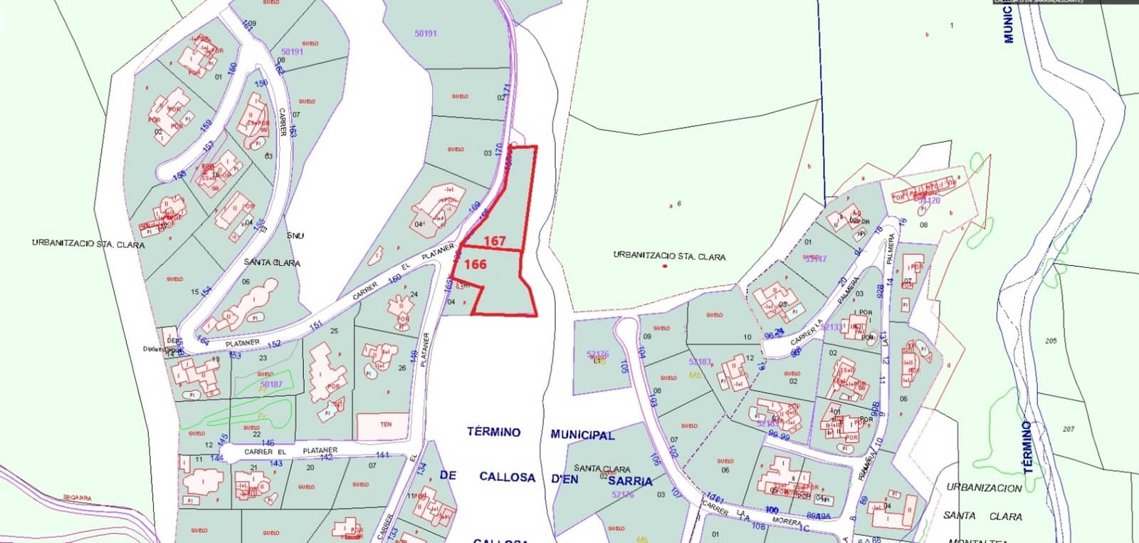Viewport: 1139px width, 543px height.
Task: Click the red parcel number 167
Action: click(x=494, y=241)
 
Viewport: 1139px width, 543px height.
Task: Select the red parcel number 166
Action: click(x=476, y=264)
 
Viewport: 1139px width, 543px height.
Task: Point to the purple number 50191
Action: click(x=426, y=33)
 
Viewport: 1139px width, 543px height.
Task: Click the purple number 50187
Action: click(x=271, y=385)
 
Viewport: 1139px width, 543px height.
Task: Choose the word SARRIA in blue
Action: click(x=631, y=481)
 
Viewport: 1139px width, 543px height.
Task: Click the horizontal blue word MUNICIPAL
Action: click(x=582, y=434)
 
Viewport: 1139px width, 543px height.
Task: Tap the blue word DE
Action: click(x=447, y=475)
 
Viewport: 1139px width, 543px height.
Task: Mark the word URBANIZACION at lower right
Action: click(x=984, y=488)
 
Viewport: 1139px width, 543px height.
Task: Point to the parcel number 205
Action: click(x=1051, y=341)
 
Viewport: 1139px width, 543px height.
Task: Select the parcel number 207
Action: click(x=1068, y=429)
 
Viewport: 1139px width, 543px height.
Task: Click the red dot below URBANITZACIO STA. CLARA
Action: click(x=665, y=267)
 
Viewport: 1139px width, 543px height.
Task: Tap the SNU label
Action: click(x=295, y=235)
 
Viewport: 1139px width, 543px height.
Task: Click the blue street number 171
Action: click(x=507, y=90)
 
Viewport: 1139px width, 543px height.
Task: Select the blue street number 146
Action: click(x=268, y=443)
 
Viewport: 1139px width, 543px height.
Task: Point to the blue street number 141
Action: click(x=382, y=455)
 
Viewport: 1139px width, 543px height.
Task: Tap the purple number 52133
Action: click(x=831, y=327)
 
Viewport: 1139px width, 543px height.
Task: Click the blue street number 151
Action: click(x=315, y=326)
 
